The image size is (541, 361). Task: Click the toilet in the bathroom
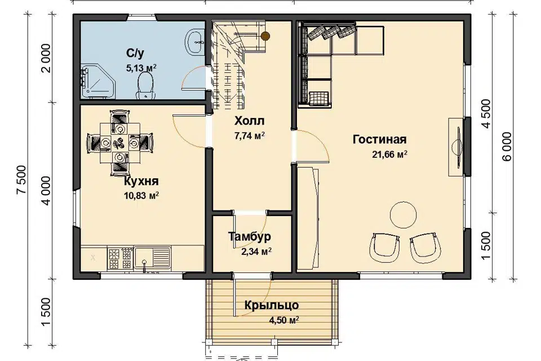coord(145,87)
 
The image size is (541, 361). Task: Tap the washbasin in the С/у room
coord(196,41)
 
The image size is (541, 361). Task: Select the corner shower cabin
coord(98,82)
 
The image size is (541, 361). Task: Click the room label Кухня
coord(141,181)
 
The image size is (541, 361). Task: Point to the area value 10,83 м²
coord(141,196)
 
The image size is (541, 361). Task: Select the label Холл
coord(249,121)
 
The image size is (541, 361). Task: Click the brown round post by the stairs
coord(265,35)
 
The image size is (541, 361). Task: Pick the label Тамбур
coord(250,237)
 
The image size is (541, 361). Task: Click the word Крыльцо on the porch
coord(272,306)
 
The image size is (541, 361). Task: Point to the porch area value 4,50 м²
coord(283,320)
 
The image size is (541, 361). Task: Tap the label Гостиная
coord(379,139)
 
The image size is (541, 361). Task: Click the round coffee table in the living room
coord(403,214)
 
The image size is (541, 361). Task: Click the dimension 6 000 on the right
coord(507,147)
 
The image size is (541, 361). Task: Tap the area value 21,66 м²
coord(389,154)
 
